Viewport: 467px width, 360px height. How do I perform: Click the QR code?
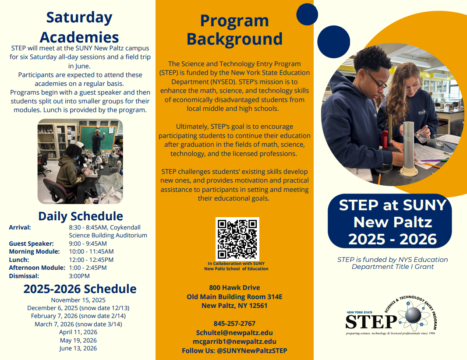(237, 239)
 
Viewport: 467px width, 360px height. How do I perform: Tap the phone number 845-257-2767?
(234, 323)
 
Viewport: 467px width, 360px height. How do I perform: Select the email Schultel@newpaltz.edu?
(234, 332)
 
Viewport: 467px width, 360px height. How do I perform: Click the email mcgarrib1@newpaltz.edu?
(234, 342)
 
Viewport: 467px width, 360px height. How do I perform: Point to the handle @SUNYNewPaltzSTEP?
(252, 350)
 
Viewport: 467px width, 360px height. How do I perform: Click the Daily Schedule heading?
(81, 216)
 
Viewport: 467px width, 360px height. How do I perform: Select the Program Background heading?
(235, 30)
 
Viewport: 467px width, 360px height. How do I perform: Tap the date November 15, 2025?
(78, 300)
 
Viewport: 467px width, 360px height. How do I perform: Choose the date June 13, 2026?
(78, 348)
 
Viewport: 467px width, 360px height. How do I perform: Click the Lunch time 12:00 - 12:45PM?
(91, 260)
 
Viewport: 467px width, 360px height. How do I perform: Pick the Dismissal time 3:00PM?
(79, 276)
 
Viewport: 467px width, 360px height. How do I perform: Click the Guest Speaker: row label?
(31, 244)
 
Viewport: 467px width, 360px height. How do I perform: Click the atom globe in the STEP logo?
(414, 316)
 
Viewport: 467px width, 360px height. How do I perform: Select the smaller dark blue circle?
(307, 14)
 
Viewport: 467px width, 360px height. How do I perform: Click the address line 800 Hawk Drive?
(234, 287)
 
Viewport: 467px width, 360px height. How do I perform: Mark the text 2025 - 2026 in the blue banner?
(393, 239)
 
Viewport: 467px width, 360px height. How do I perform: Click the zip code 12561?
(258, 306)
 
